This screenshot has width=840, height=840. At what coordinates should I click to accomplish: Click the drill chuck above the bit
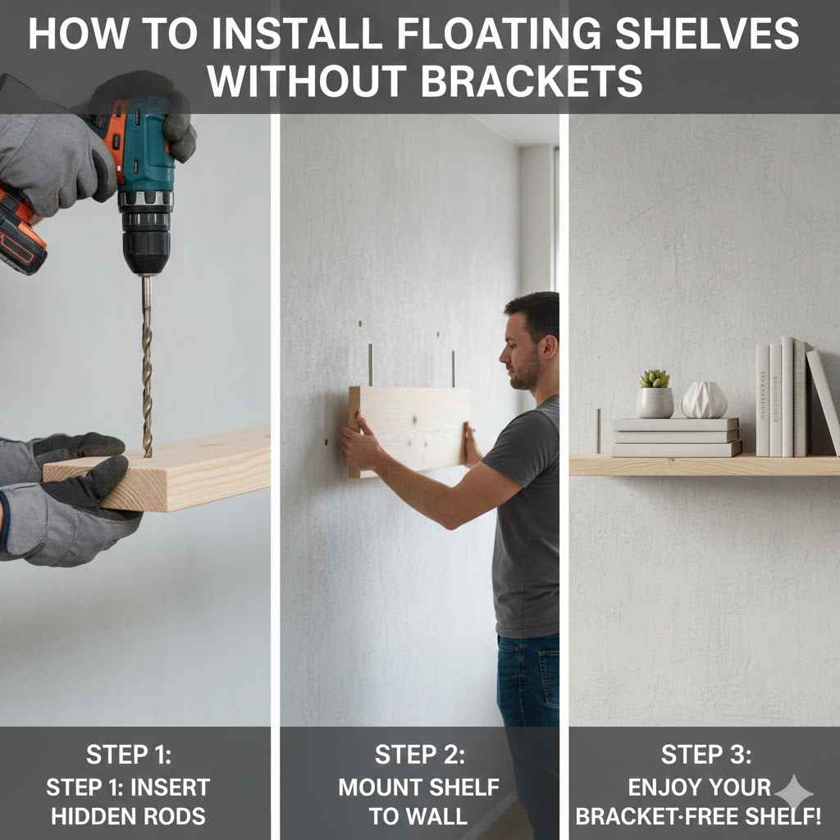[145, 243]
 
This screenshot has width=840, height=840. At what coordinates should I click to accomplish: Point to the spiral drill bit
[147, 369]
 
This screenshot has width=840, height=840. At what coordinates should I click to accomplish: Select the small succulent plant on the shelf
[655, 379]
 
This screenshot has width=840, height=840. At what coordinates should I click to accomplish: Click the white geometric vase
[704, 400]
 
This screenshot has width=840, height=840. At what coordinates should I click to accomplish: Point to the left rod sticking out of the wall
[370, 365]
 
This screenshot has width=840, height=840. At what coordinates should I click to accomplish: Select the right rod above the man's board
[452, 369]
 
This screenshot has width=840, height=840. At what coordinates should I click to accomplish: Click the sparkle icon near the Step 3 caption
[793, 793]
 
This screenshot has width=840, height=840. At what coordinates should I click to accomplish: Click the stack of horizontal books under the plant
[676, 436]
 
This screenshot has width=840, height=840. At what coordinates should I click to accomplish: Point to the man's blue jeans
[527, 681]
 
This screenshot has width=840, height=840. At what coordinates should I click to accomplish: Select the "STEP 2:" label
[418, 755]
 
